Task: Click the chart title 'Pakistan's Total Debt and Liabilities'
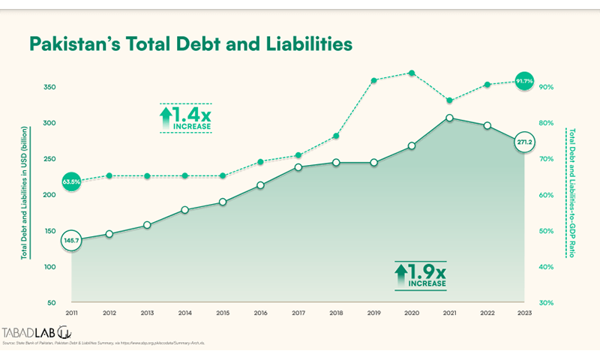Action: (190, 44)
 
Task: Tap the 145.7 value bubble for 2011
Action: (71, 240)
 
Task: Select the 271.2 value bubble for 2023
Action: (525, 141)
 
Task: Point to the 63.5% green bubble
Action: (71, 181)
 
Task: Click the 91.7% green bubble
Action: (525, 81)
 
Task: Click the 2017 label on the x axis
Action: (298, 313)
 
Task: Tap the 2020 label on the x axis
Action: (411, 313)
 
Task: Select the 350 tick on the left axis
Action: (49, 87)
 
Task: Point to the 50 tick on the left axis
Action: (52, 303)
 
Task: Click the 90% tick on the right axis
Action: (547, 87)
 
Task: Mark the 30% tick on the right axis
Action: (547, 303)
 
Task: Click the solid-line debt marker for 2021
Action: (449, 118)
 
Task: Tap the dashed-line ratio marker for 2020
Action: (411, 73)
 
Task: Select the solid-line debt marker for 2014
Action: (184, 210)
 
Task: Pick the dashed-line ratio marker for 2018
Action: (336, 136)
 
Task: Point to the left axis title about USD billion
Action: (24, 195)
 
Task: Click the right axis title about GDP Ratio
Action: (571, 195)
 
